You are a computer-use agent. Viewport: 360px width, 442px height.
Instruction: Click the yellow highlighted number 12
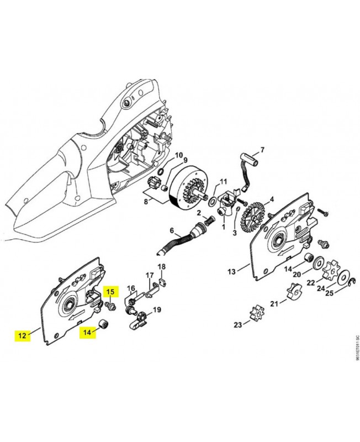[x=22, y=335]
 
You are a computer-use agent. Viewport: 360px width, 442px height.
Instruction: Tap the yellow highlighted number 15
[x=110, y=291]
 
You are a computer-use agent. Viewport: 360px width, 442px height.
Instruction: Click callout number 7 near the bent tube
[x=263, y=150]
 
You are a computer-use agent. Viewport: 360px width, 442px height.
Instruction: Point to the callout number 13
[x=231, y=271]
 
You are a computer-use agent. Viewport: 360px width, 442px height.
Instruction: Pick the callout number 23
[x=238, y=325]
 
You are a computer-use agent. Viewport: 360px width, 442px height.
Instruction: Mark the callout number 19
[x=157, y=309]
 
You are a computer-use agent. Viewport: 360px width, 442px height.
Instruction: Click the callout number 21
[x=274, y=303]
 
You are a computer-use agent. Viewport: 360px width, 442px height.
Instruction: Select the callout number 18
[x=162, y=267]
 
